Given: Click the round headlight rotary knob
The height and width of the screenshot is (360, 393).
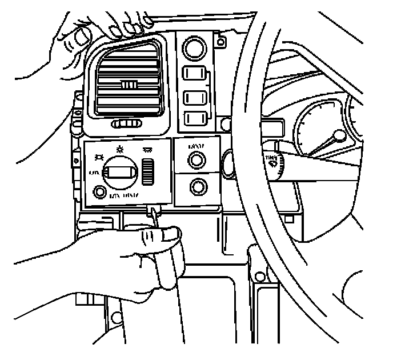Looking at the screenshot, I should pos(122,171).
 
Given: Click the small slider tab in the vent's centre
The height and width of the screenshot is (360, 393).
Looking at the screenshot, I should pos(129,86).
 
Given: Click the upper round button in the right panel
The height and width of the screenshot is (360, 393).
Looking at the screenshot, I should pos(197,159).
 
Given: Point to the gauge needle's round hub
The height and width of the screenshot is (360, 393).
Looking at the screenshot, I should pos(340,137).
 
